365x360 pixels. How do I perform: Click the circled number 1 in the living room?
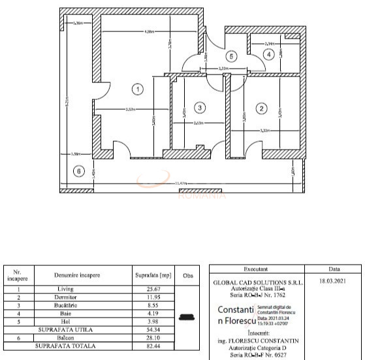point(137,88)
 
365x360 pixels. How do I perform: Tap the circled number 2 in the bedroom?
point(261,108)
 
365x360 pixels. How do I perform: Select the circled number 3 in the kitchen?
point(200,107)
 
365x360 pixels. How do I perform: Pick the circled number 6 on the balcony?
point(79,171)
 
